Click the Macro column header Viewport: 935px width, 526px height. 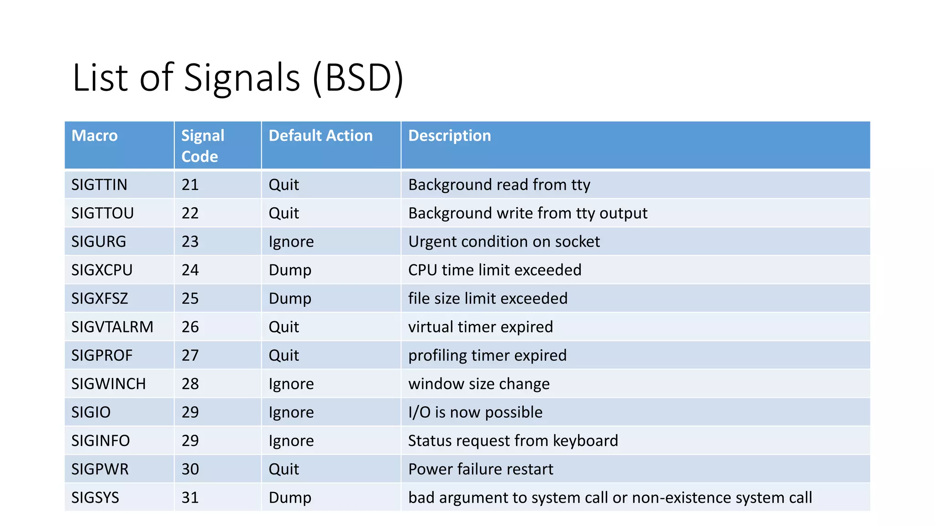point(95,136)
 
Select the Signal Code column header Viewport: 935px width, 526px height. point(203,146)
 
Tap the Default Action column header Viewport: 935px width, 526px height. point(320,136)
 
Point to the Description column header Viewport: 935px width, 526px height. point(449,136)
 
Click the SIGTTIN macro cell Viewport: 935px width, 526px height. point(99,185)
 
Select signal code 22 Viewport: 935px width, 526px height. point(190,213)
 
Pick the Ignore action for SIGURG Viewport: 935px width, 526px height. point(291,242)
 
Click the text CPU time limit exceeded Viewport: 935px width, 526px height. point(494,270)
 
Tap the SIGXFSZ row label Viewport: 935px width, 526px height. point(100,299)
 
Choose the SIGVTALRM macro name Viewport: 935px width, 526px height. point(112,327)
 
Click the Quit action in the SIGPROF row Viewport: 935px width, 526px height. point(284,355)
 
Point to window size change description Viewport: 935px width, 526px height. point(478,384)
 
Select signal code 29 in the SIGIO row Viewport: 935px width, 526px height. point(190,412)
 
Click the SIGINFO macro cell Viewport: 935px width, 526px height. point(100,441)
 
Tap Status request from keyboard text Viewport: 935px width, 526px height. point(513,441)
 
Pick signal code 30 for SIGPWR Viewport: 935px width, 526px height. point(190,469)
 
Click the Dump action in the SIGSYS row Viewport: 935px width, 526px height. point(290,498)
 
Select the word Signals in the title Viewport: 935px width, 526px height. point(242,78)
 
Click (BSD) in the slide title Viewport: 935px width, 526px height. point(358,78)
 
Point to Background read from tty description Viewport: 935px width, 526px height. point(499,185)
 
